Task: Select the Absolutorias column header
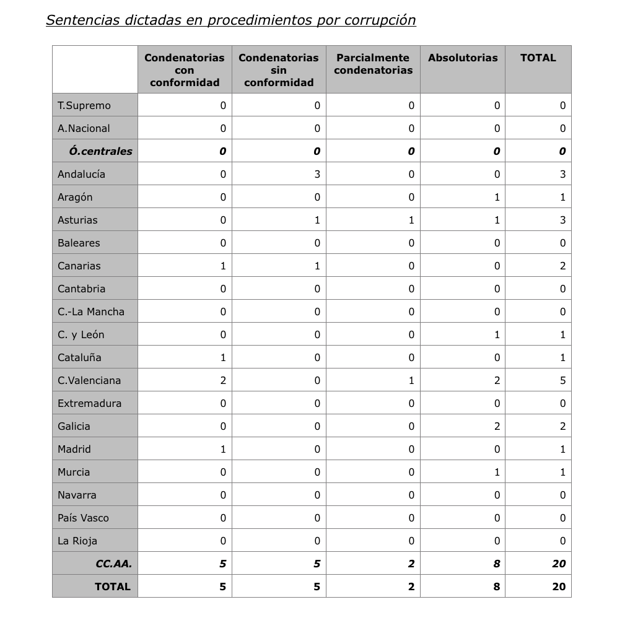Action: click(x=463, y=58)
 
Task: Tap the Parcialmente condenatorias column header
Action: click(x=373, y=64)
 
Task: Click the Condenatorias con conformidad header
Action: click(x=185, y=70)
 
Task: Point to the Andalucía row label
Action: click(x=81, y=174)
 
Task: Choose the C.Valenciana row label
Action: click(x=89, y=380)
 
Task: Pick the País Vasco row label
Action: click(x=83, y=518)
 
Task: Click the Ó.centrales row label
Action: click(x=100, y=151)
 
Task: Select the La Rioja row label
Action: click(x=77, y=541)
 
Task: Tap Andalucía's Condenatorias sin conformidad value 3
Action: click(x=317, y=174)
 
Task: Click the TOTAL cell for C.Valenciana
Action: click(x=562, y=380)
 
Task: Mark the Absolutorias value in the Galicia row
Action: click(x=497, y=426)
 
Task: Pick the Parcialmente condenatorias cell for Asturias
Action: click(x=411, y=220)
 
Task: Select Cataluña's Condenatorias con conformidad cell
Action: click(x=223, y=357)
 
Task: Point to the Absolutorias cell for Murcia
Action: click(x=497, y=472)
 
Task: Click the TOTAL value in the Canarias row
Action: click(x=562, y=266)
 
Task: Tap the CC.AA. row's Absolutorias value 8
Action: click(x=497, y=564)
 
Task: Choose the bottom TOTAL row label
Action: click(x=113, y=587)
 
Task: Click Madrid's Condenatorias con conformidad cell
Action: click(x=223, y=449)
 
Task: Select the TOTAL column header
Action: click(x=538, y=58)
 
